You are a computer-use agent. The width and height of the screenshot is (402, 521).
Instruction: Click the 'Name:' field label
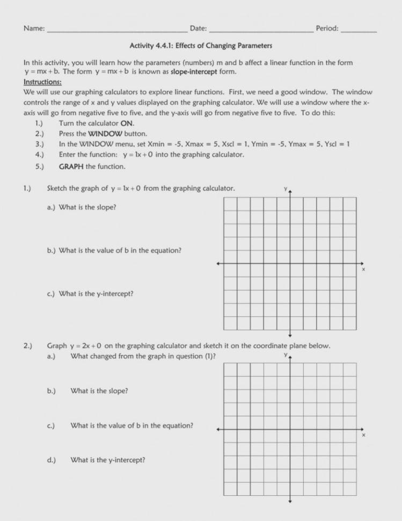34,28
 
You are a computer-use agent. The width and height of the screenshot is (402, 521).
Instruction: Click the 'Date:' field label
198,28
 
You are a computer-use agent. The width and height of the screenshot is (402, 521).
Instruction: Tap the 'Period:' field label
327,28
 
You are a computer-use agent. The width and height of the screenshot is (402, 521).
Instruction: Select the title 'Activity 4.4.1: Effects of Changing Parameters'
201,46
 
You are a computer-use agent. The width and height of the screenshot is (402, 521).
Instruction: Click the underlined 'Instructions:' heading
42,82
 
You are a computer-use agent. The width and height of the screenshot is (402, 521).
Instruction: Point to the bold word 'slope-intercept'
194,71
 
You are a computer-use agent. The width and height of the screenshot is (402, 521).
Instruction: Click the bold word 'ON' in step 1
127,123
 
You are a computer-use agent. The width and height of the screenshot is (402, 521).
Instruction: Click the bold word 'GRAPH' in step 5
71,166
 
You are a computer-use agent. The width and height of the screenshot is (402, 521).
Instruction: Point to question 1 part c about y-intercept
96,294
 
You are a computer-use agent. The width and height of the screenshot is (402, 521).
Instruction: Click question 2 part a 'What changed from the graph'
143,356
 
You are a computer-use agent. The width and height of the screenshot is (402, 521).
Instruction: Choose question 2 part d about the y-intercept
107,460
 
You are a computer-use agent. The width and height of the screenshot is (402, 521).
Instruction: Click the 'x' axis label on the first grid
363,269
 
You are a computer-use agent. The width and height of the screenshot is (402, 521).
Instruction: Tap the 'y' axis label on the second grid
286,355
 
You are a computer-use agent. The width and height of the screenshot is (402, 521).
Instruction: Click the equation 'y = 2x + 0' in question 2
86,346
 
